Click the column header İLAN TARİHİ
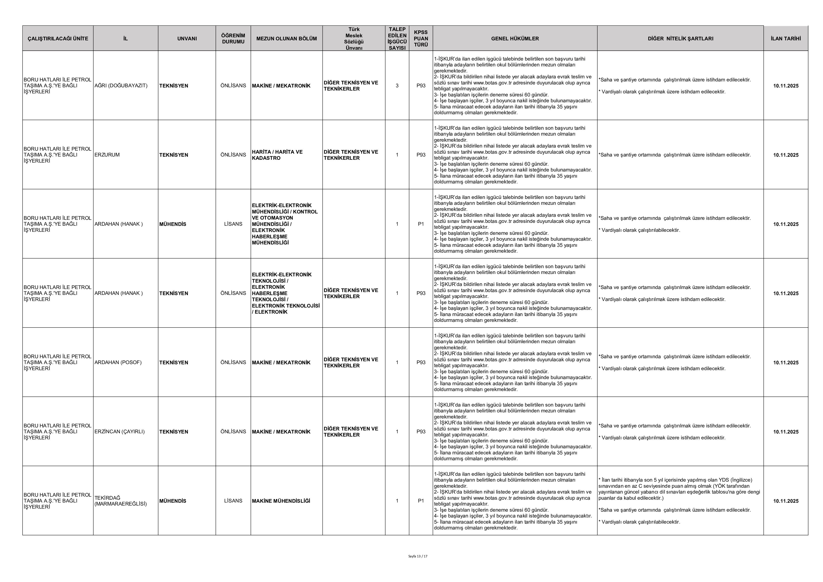coord(785,38)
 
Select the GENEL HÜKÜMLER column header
coord(515,38)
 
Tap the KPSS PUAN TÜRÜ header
coord(421,38)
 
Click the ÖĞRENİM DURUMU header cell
coord(233,38)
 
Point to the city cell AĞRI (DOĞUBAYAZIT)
coord(121,86)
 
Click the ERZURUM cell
coord(107,155)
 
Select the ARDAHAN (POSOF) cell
coord(118,362)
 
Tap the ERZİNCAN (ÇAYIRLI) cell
coord(119,431)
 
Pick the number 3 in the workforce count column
coord(397,86)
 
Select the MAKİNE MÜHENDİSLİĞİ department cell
coord(281,501)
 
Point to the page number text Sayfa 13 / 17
coord(418,556)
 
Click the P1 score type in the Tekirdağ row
coord(421,501)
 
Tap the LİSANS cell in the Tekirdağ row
coord(233,501)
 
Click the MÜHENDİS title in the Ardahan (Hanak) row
coord(173,224)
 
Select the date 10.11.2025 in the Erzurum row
coord(786,155)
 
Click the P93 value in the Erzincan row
coord(421,431)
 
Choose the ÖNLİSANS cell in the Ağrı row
coord(233,86)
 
